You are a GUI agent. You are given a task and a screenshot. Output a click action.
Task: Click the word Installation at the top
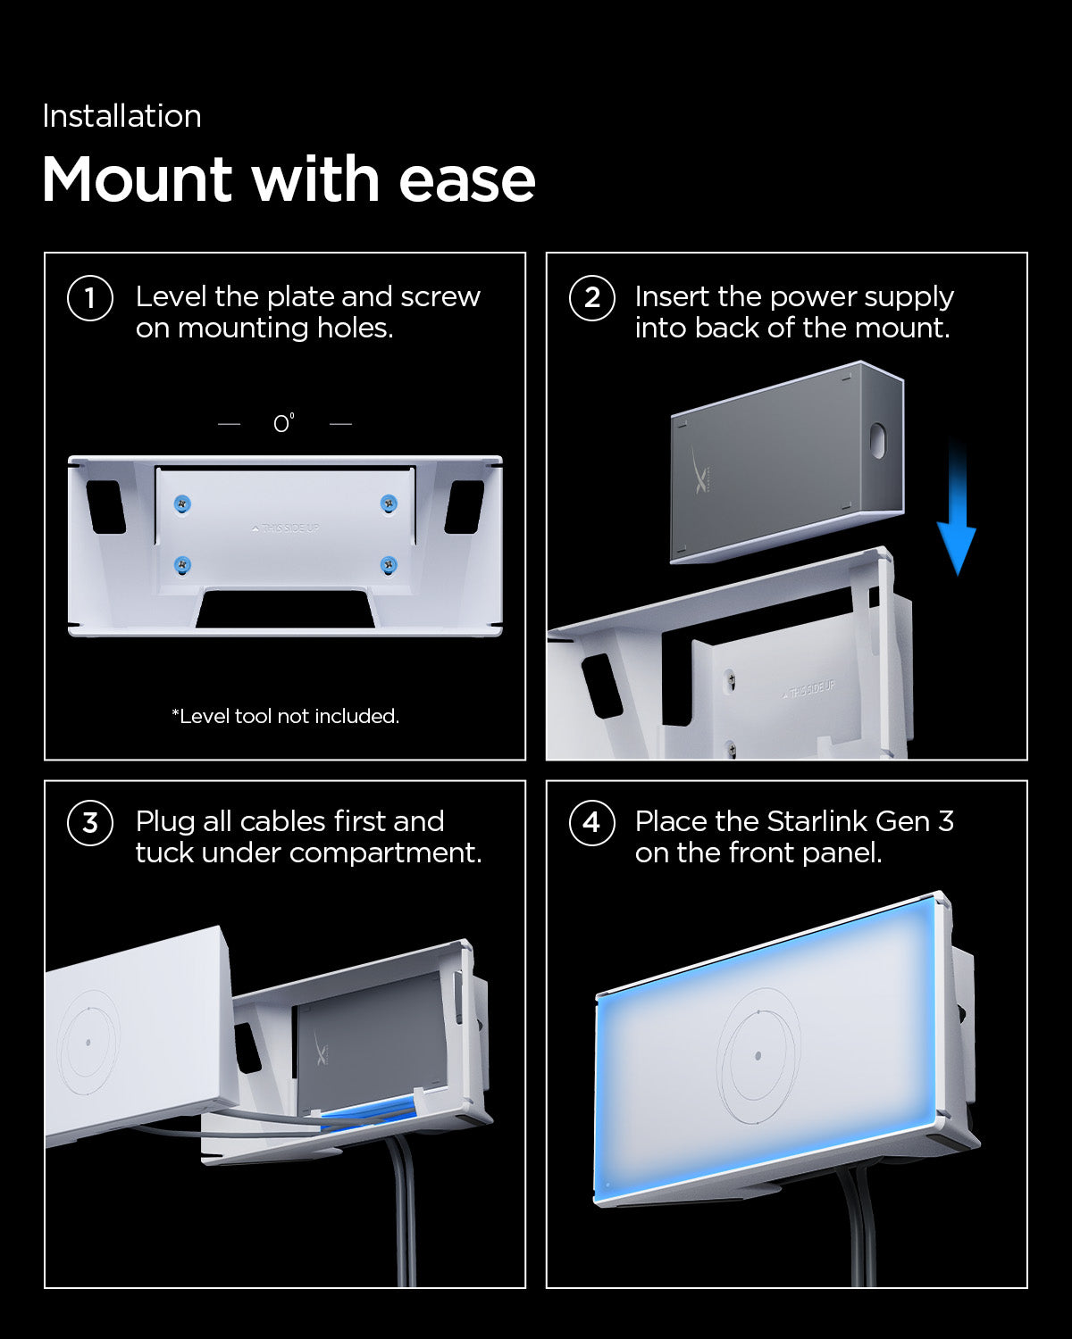[121, 116]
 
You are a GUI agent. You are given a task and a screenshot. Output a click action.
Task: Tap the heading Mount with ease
[289, 179]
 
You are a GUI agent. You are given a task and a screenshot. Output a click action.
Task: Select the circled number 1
[90, 298]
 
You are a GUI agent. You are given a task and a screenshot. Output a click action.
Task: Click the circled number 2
[591, 298]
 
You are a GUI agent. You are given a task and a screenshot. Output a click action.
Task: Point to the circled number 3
[90, 822]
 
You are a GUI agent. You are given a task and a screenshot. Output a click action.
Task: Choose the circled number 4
[591, 822]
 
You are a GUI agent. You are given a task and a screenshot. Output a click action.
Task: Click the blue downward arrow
[956, 509]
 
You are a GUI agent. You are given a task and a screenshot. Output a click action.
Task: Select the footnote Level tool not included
[285, 716]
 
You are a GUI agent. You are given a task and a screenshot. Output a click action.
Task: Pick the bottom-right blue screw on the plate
[389, 564]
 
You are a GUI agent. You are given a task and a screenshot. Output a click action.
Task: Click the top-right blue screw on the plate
[389, 504]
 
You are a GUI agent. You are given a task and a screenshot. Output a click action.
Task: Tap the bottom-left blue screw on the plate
[182, 564]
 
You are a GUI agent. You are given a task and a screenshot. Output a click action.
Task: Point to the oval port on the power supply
[877, 440]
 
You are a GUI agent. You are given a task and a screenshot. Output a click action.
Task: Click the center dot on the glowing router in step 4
[758, 1056]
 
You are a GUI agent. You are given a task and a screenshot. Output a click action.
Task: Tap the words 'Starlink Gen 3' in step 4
[860, 821]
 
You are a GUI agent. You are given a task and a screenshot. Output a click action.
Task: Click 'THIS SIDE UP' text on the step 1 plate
[286, 528]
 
